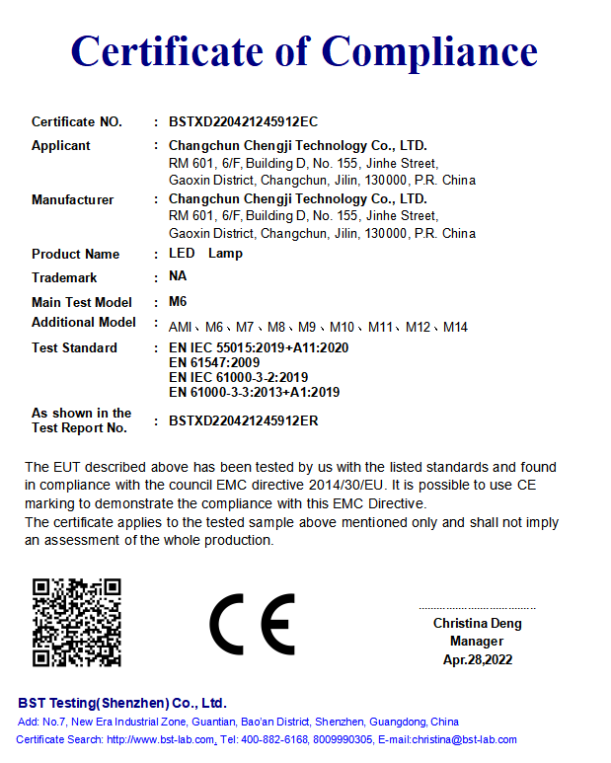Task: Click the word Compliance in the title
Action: coord(429,51)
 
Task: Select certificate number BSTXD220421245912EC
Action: coord(244,122)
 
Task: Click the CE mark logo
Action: coord(252,625)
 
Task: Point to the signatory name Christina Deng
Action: coord(478,624)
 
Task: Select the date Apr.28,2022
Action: coord(478,659)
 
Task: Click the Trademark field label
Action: coord(64,278)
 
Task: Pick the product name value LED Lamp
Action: coord(205,254)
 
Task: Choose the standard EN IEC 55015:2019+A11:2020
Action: coord(259,347)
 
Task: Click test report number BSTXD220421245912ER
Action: coord(244,420)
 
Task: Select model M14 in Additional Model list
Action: coord(455,327)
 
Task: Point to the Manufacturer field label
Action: coord(72,200)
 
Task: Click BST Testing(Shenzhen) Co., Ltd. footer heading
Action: coord(122,704)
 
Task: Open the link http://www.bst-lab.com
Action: coord(161,739)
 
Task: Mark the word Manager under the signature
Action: coord(477,642)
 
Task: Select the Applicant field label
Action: coord(61,146)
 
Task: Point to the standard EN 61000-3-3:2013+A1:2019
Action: coord(254,392)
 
